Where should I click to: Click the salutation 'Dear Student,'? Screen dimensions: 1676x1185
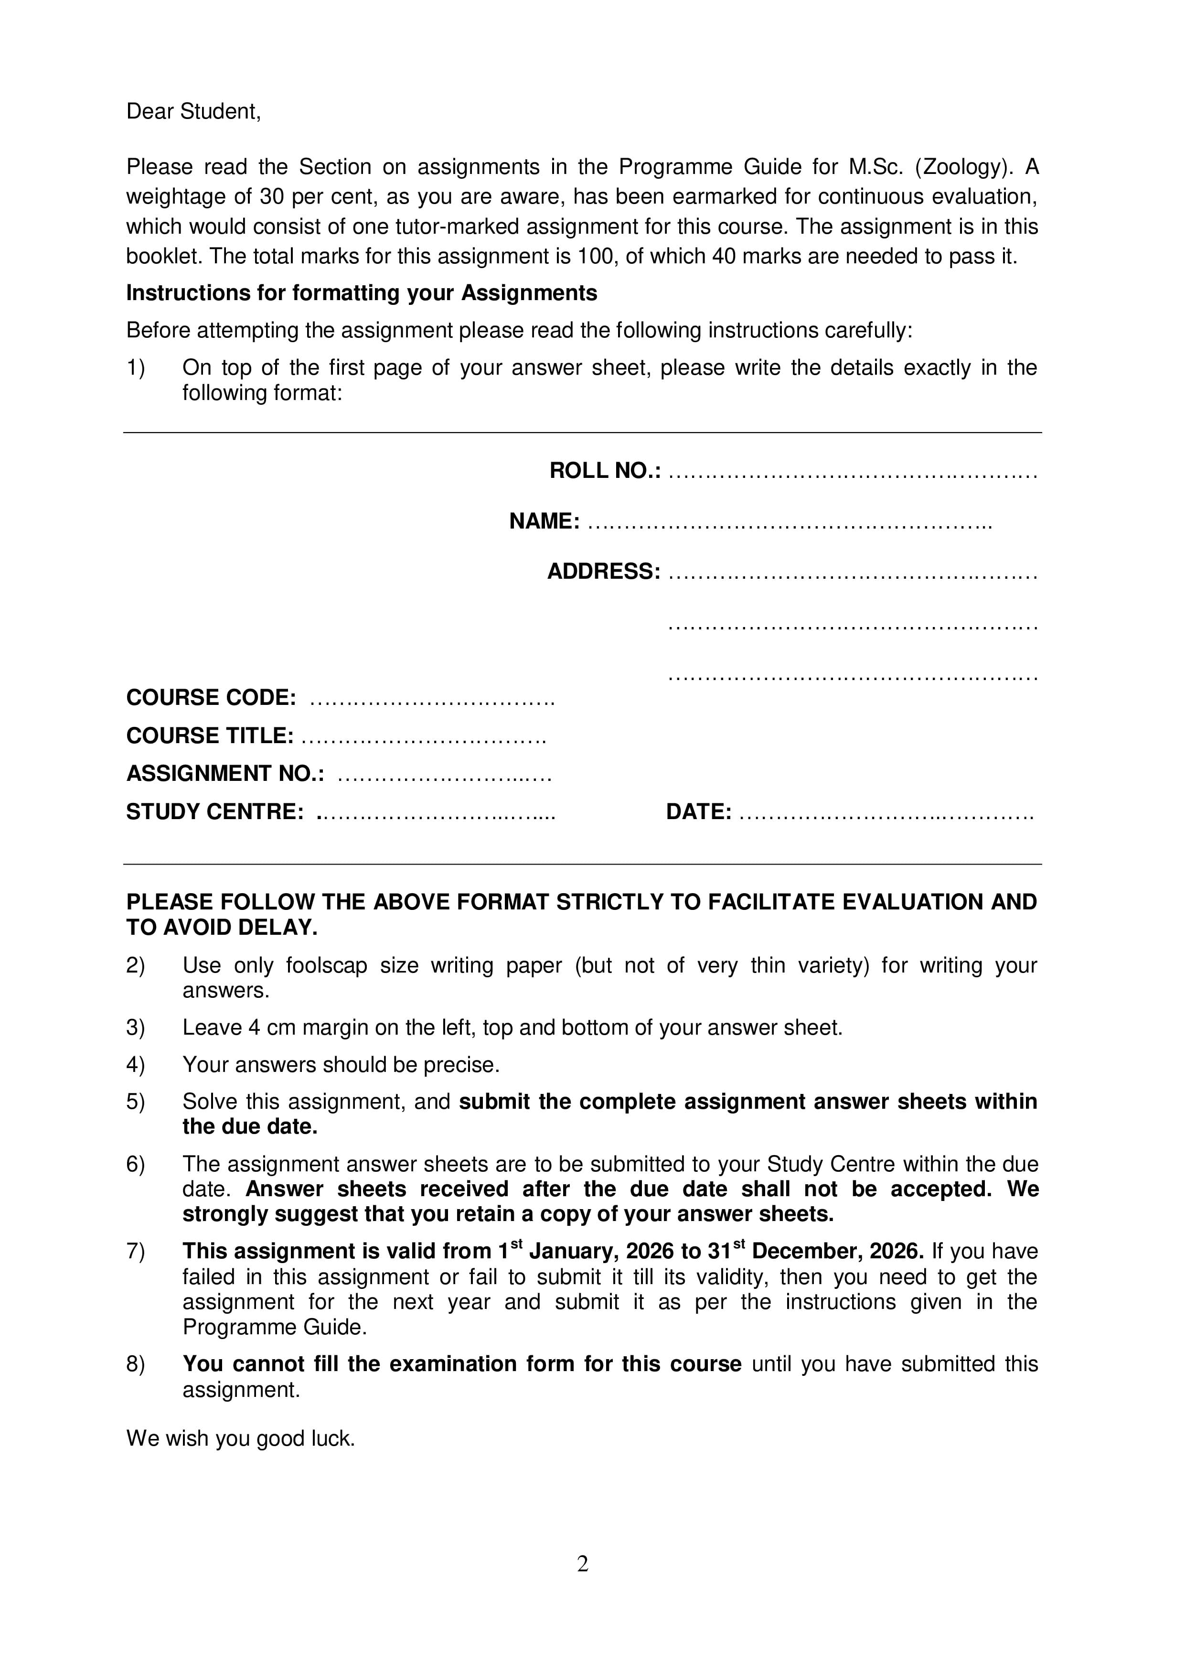point(193,112)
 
